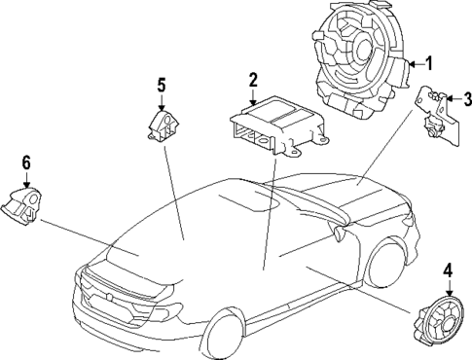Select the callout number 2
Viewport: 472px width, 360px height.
pos(253,80)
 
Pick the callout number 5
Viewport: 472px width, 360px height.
pos(162,85)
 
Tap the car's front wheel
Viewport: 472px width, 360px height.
pos(388,261)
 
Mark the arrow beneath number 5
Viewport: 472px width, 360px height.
pos(162,101)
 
